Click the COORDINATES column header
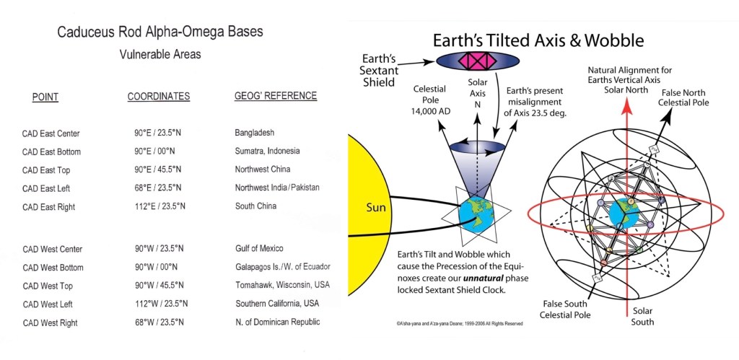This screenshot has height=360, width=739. click(x=159, y=97)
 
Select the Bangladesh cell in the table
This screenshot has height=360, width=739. click(x=255, y=133)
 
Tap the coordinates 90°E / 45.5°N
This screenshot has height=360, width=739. click(x=157, y=169)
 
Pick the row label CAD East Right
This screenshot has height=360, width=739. click(x=48, y=207)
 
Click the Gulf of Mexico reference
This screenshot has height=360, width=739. click(x=259, y=248)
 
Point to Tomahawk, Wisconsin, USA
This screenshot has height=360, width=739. click(x=283, y=285)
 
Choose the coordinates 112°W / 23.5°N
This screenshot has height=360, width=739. click(x=159, y=304)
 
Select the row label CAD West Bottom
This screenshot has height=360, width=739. click(x=53, y=268)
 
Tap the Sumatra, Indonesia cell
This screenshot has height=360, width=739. click(x=267, y=152)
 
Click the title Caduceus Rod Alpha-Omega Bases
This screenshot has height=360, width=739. click(x=160, y=32)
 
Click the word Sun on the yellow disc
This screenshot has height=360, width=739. click(x=376, y=207)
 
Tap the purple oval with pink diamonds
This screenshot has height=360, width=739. click(x=478, y=61)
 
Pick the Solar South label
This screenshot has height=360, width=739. click(x=643, y=317)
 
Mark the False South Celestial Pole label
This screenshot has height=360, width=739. click(x=567, y=309)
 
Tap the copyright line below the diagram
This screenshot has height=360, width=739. click(x=460, y=324)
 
